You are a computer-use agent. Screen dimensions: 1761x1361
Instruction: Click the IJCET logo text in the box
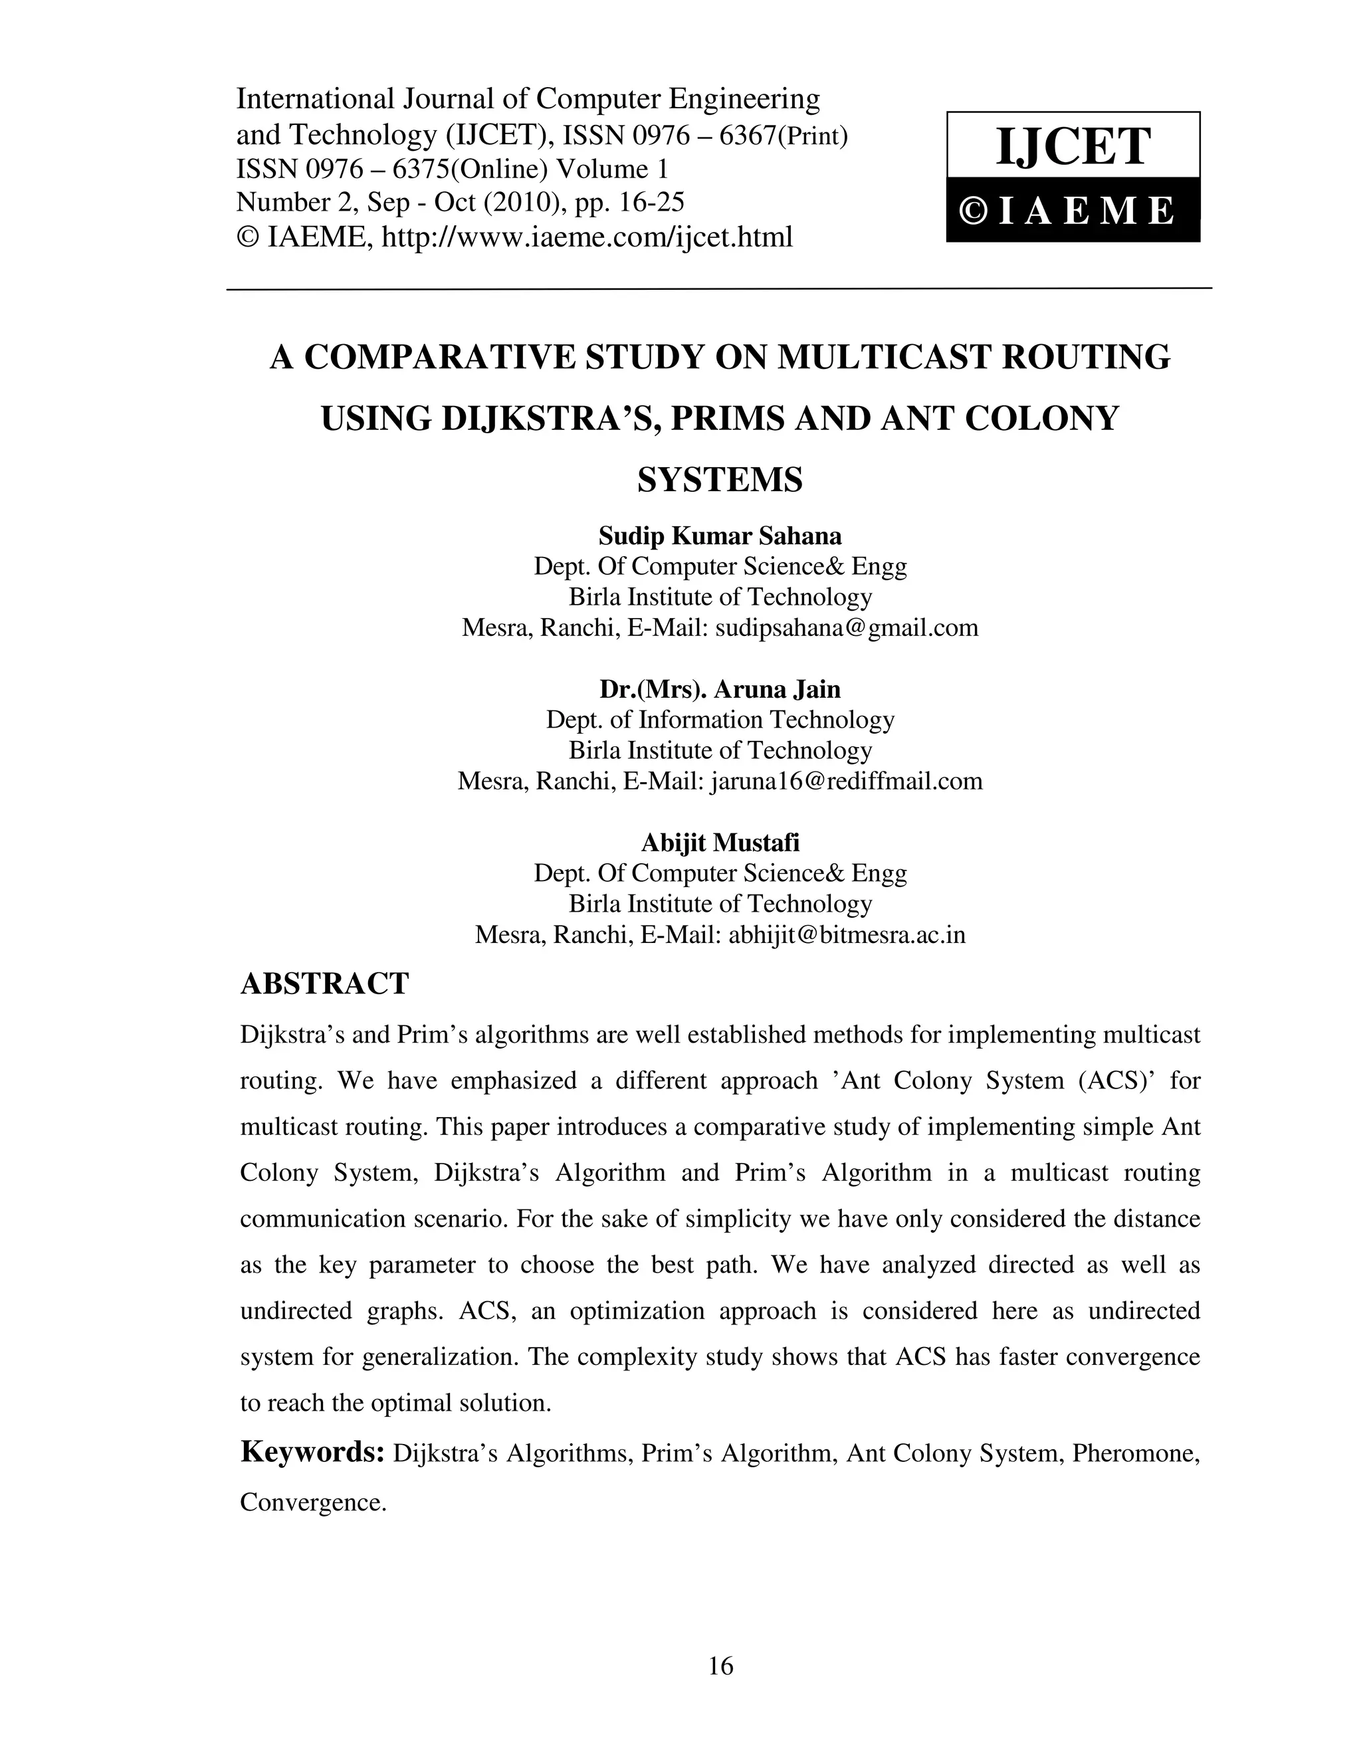pos(1073,147)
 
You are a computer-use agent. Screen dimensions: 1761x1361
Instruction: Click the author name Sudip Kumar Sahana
pos(720,536)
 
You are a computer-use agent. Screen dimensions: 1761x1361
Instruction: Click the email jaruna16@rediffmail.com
pos(847,781)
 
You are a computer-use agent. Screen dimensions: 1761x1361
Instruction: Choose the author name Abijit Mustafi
pos(720,843)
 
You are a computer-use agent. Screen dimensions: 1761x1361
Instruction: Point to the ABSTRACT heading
pos(325,984)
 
